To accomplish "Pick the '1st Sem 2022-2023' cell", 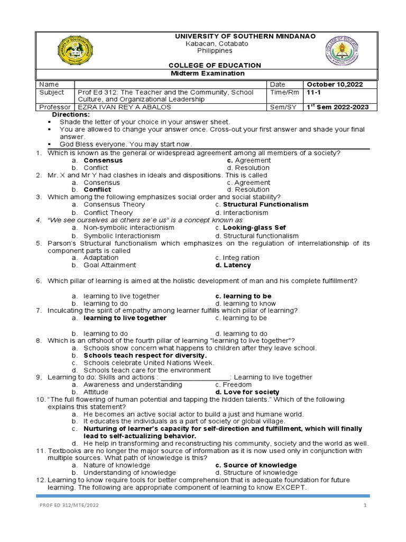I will [x=338, y=107].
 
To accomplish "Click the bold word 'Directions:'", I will [x=71, y=114].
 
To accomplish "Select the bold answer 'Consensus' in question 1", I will [x=103, y=160].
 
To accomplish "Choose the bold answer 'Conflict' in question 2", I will [x=97, y=189].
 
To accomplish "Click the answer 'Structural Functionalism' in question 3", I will [x=265, y=204].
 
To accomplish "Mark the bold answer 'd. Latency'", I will [x=233, y=265].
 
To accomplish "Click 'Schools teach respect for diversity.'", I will [x=145, y=356].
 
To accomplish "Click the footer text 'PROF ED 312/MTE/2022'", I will [x=69, y=505].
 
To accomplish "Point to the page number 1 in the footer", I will [x=365, y=505].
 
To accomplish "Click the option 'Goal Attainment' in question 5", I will [x=109, y=265].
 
